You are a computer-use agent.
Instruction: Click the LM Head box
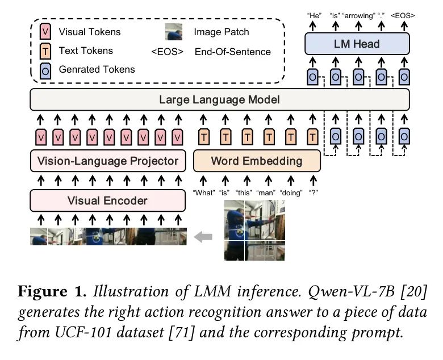pyautogui.click(x=357, y=44)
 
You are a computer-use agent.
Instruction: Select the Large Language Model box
pyautogui.click(x=219, y=100)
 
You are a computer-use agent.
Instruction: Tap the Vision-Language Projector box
pyautogui.click(x=108, y=161)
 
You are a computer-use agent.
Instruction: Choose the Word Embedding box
pyautogui.click(x=257, y=161)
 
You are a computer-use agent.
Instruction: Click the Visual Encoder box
pyautogui.click(x=107, y=200)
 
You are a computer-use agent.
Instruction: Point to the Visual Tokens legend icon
pyautogui.click(x=46, y=32)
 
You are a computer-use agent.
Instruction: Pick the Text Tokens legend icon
pyautogui.click(x=46, y=51)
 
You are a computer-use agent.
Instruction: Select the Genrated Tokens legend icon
pyautogui.click(x=46, y=70)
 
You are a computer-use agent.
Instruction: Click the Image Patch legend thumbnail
pyautogui.click(x=173, y=32)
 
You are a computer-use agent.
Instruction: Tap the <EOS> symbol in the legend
pyautogui.click(x=167, y=52)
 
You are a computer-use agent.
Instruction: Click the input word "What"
pyautogui.click(x=204, y=192)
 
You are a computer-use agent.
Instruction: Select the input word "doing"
pyautogui.click(x=291, y=192)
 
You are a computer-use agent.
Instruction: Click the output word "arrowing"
pyautogui.click(x=358, y=15)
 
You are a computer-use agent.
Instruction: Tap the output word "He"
pyautogui.click(x=313, y=15)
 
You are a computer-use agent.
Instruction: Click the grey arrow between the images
pyautogui.click(x=203, y=237)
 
